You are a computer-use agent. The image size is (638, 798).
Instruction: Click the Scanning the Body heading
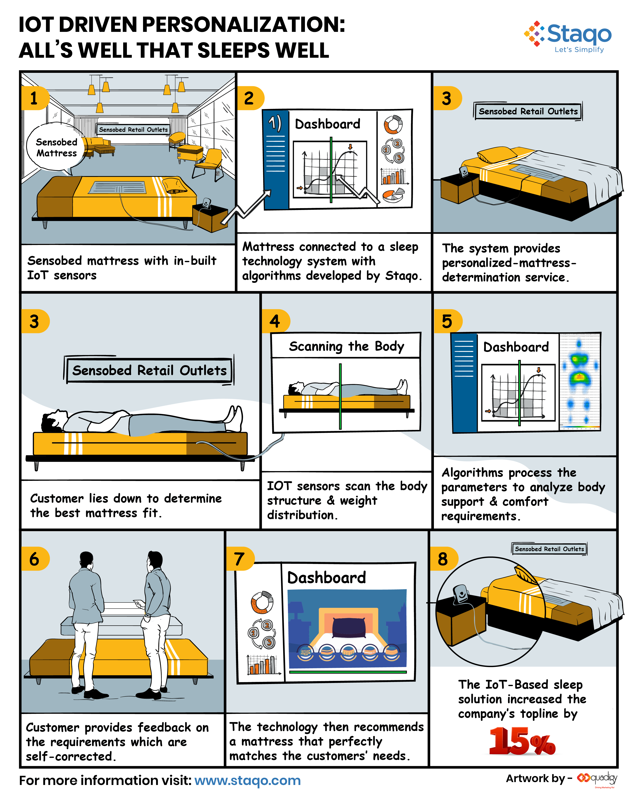coord(346,346)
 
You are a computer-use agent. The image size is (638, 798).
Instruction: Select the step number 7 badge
coord(240,559)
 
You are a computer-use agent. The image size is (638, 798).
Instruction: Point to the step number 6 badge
coord(34,559)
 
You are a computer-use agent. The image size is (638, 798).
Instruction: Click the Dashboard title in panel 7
coord(327,577)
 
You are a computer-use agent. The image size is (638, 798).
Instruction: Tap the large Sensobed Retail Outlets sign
coord(149,370)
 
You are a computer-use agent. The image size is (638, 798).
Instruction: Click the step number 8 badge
coord(443,559)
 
